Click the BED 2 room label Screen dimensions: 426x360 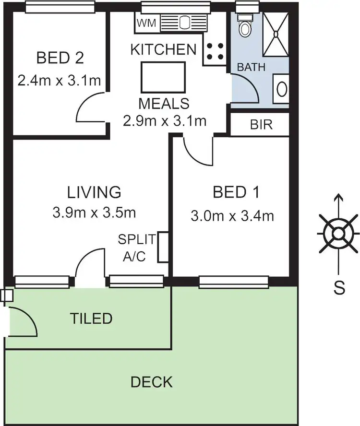point(60,58)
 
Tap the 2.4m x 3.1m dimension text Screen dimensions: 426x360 point(59,80)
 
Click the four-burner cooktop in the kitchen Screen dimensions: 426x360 point(215,52)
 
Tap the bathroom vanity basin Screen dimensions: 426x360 point(281,89)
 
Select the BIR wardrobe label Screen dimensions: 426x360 point(261,125)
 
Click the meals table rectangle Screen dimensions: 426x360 point(163,77)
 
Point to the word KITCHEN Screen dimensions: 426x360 point(164,49)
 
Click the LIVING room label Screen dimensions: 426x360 point(94,192)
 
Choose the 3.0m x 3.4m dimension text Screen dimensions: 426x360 point(232,216)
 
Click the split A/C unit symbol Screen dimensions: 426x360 point(163,247)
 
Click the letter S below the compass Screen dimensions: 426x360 point(339,288)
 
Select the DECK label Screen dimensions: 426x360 point(151,382)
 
